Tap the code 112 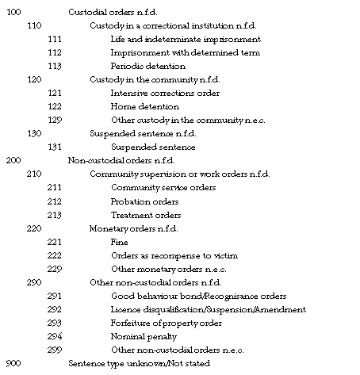(x=55, y=52)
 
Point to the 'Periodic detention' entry (x=148, y=66)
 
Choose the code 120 (x=33, y=79)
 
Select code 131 (x=55, y=147)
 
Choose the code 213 (x=55, y=215)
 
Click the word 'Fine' (x=120, y=242)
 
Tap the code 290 (x=33, y=282)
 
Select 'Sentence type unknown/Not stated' (x=140, y=363)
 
